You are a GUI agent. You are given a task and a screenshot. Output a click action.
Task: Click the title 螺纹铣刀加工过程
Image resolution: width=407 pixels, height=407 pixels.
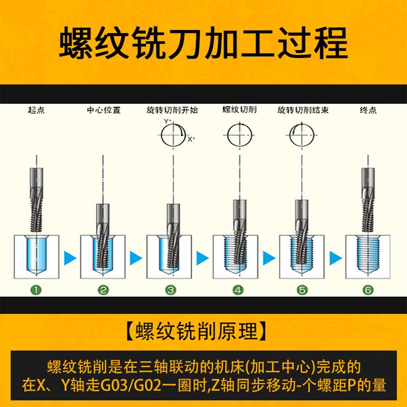203,43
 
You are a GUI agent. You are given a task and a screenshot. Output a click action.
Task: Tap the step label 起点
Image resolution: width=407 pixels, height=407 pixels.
36,110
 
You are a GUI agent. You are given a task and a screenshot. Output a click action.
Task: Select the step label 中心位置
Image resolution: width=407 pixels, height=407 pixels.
103,110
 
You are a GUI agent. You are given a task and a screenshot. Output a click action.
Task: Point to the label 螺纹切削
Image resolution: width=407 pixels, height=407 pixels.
239,110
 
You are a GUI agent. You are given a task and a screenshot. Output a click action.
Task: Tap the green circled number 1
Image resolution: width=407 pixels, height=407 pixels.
36,290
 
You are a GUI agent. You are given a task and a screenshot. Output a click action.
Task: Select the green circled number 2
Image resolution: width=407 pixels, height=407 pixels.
103,290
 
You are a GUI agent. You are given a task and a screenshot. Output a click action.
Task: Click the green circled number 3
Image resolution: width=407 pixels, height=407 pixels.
170,290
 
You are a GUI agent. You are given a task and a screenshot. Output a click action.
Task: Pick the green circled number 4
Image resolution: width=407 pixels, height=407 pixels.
238,290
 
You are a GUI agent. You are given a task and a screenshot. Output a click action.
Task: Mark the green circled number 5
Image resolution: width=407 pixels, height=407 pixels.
303,290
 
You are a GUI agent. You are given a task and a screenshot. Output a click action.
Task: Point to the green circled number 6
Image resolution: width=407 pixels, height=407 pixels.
368,290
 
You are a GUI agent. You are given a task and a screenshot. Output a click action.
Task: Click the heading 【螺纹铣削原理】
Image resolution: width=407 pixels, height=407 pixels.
203,331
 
